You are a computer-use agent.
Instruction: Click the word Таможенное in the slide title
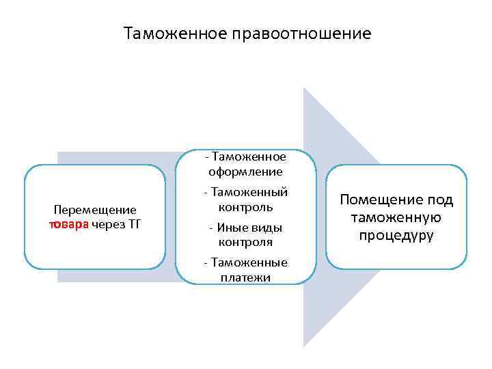tap(172, 33)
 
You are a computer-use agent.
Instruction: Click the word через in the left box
tap(107, 225)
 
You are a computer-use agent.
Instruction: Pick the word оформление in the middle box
tap(246, 172)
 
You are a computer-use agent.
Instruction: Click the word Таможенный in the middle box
tap(250, 192)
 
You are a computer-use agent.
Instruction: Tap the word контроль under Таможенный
tap(246, 206)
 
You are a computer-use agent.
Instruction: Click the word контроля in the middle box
tap(246, 242)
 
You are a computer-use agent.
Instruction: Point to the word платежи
tap(246, 277)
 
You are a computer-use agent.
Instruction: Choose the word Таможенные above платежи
tap(250, 262)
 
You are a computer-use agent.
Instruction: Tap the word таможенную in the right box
tap(396, 218)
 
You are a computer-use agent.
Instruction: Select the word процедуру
tap(396, 236)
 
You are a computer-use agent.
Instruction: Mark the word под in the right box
tap(441, 200)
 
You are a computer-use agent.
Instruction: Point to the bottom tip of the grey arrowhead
tap(305, 345)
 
